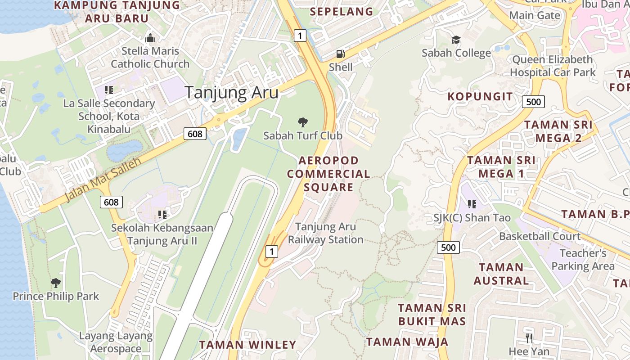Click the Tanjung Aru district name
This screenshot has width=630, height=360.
[x=232, y=93]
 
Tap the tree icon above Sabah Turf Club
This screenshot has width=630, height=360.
[x=303, y=122]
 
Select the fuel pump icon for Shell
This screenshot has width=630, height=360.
[x=341, y=54]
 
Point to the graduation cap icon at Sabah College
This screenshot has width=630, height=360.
[x=456, y=40]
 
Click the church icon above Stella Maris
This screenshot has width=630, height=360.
[x=150, y=38]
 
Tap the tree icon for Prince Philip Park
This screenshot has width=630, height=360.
[x=56, y=283]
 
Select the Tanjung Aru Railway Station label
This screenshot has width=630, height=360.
[x=325, y=233]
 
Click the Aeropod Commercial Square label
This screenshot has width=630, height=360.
[x=328, y=174]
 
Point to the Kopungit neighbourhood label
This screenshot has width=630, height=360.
[x=480, y=96]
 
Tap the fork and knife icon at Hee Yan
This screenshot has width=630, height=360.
[x=529, y=338]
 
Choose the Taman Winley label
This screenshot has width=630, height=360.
[x=247, y=345]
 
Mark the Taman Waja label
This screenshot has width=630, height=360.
[x=407, y=342]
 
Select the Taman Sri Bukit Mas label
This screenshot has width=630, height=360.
[x=432, y=315]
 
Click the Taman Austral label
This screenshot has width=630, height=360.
[x=501, y=274]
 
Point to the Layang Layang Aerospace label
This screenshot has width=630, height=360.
[x=116, y=342]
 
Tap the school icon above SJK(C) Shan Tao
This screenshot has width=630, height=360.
[x=472, y=204]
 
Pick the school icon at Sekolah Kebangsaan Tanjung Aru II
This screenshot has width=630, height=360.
[x=162, y=214]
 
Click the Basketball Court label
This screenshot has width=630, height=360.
[x=540, y=236]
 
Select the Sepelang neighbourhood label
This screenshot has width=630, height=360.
[x=342, y=11]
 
